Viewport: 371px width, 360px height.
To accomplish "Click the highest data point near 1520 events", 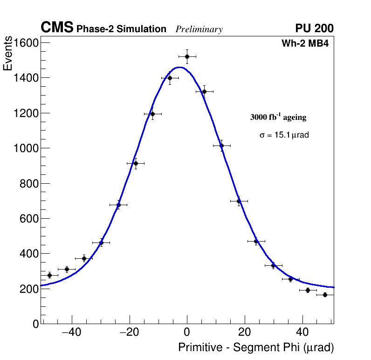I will (187, 56).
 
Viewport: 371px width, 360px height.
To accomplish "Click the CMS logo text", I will (57, 28).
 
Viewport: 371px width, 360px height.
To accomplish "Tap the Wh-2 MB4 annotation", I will (307, 44).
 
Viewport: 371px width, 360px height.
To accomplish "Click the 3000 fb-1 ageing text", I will (278, 118).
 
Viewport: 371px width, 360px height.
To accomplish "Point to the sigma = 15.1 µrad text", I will (284, 135).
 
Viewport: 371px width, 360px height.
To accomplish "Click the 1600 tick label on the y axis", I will (26, 43).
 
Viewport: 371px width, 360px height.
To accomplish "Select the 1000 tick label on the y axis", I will (26, 148).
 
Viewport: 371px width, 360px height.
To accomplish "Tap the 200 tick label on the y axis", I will (29, 289).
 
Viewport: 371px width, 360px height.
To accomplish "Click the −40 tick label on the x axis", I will (71, 332).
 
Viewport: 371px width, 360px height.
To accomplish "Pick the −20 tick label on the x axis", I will (129, 332).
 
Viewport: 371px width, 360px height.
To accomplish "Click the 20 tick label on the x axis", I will (245, 332).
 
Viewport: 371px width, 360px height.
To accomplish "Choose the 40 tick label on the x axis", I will (302, 332).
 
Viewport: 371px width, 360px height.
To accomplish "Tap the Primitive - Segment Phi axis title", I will (256, 348).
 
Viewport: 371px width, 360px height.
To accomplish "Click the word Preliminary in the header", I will (199, 29).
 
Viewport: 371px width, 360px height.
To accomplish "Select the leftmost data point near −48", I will (49, 275).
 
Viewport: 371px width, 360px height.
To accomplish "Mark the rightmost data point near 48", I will (325, 295).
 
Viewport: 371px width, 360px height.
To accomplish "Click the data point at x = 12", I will (221, 145).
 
